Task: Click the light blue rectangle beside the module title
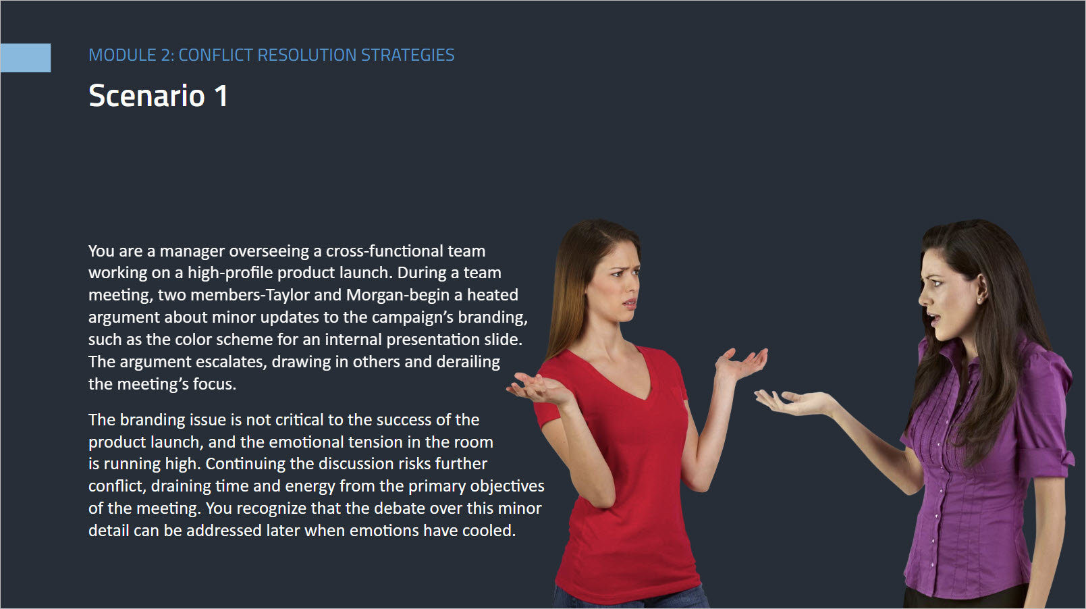(25, 57)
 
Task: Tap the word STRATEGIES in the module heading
(408, 55)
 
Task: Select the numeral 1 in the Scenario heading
(221, 95)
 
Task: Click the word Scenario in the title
(147, 95)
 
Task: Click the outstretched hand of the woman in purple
(791, 402)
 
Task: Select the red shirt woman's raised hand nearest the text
(538, 389)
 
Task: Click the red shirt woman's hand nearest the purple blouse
(741, 365)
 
